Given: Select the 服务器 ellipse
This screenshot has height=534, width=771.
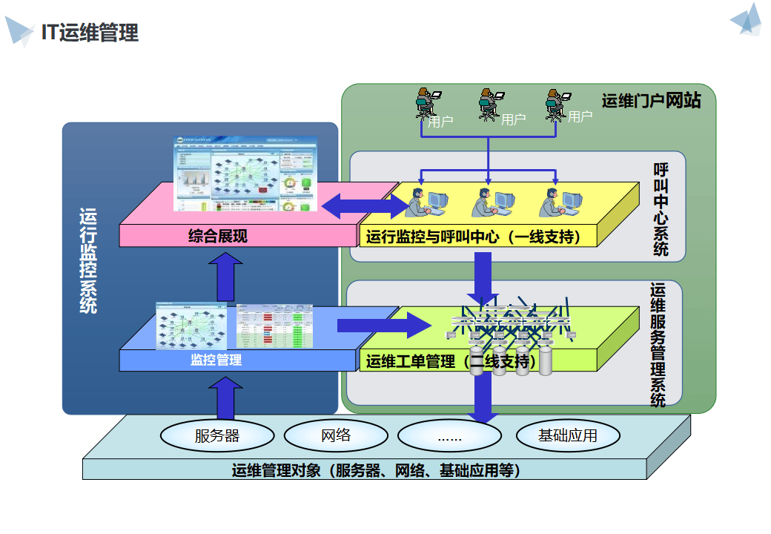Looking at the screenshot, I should point(217,435).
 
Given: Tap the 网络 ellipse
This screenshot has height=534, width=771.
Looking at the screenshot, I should point(336,435).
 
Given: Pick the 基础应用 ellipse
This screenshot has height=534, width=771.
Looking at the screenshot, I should point(567,435).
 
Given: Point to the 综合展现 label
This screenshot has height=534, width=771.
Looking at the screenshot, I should point(218,237).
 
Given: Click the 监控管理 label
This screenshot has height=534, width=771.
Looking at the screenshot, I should point(216,360).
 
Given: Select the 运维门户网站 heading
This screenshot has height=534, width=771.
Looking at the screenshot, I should point(650,101).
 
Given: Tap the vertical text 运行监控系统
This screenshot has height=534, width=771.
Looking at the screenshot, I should point(88,260).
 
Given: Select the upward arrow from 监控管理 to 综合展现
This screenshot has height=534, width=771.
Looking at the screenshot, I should point(225,276).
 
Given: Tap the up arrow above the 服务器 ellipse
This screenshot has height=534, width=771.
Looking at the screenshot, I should point(225,398).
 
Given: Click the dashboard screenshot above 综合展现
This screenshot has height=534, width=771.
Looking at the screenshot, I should point(245,173).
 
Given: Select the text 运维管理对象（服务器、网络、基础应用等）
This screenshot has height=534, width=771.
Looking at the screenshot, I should point(376,470).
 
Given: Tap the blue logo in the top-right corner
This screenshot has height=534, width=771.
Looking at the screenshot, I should point(747,20).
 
